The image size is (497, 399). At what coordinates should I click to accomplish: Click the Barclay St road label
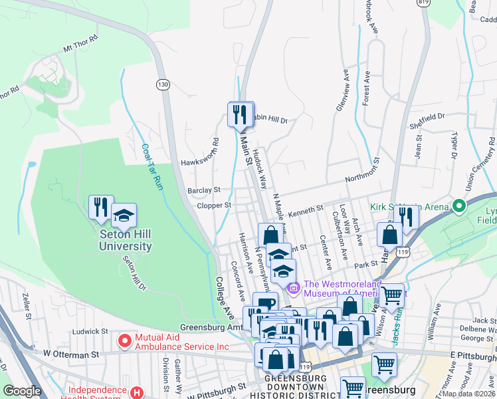[x=203, y=190]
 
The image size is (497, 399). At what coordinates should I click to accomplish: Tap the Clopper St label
[x=213, y=206]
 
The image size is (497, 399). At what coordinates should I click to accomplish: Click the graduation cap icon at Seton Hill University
[x=124, y=215]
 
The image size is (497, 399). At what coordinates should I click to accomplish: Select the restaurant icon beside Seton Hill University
[x=101, y=207]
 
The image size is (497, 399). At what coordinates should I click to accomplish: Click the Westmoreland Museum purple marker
[x=293, y=286]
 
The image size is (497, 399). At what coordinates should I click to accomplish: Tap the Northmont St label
[x=365, y=180]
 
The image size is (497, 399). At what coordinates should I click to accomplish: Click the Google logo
[x=23, y=391]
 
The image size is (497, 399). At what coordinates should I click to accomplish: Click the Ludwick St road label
[x=91, y=331]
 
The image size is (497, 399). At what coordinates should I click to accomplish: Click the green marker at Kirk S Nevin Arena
[x=457, y=207]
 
